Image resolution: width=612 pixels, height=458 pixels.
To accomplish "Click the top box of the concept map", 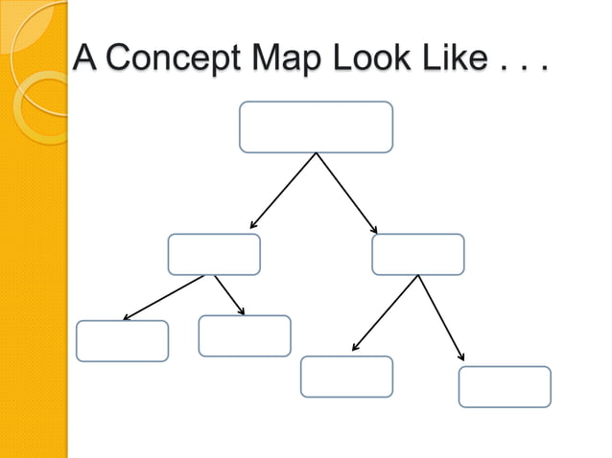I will [316, 127].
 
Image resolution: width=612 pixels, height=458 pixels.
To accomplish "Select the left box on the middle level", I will [214, 254].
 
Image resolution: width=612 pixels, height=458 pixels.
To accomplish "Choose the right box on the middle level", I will [417, 254].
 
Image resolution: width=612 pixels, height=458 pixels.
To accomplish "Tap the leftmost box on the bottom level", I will [122, 341].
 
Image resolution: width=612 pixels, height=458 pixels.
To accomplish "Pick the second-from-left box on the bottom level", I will [245, 335].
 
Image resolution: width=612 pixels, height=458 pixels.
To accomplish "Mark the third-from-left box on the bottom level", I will [346, 377].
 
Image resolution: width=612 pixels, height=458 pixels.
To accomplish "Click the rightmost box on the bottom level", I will [505, 386].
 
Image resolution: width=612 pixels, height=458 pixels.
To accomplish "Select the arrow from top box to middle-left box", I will [283, 191].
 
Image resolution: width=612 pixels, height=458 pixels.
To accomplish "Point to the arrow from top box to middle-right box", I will [346, 193].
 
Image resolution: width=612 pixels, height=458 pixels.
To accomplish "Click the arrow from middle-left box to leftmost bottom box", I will [163, 297].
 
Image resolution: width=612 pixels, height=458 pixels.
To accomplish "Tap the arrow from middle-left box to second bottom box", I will [228, 294].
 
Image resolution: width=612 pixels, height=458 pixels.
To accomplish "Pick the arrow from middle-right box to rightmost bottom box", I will [441, 317].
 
